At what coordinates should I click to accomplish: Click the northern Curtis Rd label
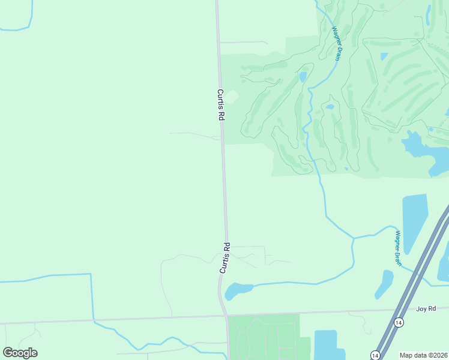coord(220,106)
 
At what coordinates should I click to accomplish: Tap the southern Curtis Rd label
coord(225,258)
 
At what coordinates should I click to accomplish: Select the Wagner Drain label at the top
coord(335,41)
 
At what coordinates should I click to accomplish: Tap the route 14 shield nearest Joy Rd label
coord(399,323)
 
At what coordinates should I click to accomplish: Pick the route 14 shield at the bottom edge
coord(375,355)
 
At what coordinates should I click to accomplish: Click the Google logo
coord(20,353)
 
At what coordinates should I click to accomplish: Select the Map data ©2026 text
coord(424,355)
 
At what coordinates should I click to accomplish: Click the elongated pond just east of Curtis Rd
coord(238,290)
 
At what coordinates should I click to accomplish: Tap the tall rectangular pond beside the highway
coord(414,222)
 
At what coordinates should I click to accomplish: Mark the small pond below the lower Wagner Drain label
coord(384,283)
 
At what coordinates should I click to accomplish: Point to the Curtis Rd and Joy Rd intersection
coord(226,314)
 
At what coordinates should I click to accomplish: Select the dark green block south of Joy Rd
coord(264,336)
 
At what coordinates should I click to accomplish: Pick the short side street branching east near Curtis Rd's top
coord(243,43)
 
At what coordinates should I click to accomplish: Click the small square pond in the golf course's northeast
coord(384,57)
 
